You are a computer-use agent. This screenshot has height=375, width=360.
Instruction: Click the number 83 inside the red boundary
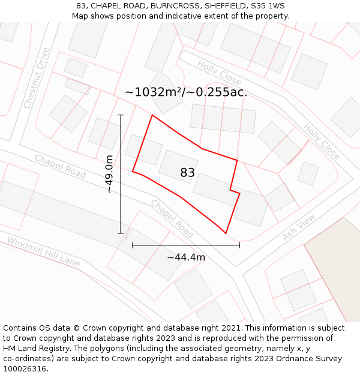pos(187,173)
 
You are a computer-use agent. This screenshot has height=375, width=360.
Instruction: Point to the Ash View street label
pos(298,229)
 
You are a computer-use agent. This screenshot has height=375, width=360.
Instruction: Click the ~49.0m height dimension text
pos(109,174)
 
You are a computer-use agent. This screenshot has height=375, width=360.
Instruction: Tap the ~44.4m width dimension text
pos(186,257)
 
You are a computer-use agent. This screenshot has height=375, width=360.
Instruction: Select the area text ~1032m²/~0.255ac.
pos(186,92)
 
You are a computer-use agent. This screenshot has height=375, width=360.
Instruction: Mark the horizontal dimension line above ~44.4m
pos(186,245)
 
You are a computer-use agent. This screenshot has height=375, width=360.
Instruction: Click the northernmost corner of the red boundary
pos(152,115)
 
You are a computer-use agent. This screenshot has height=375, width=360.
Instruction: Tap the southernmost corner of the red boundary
pos(226,233)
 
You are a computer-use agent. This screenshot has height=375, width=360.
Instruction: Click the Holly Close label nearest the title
pos(219,73)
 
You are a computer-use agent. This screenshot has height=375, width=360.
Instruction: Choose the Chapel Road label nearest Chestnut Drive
pos(60,166)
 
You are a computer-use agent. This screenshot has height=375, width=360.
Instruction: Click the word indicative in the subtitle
pos(178,16)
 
